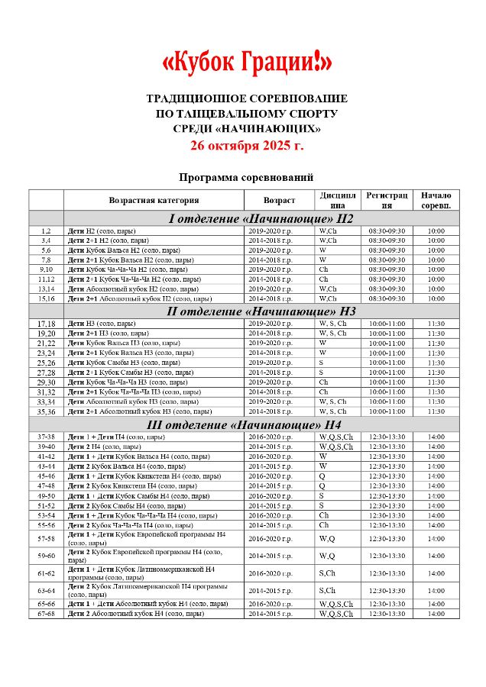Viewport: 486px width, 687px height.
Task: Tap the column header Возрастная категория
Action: pos(154,200)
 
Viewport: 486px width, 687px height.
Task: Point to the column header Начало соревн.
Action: pos(436,200)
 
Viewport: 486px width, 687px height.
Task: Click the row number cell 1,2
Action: pos(46,231)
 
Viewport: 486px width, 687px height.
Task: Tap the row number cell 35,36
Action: pos(46,411)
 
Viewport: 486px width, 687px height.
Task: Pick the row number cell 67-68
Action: pos(46,614)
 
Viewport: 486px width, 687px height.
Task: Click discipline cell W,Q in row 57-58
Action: pos(327,538)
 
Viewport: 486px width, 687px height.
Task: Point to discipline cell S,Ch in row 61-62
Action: pos(327,573)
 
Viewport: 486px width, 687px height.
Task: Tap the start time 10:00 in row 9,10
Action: pos(436,269)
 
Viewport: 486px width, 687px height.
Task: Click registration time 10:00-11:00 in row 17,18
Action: pos(387,324)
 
